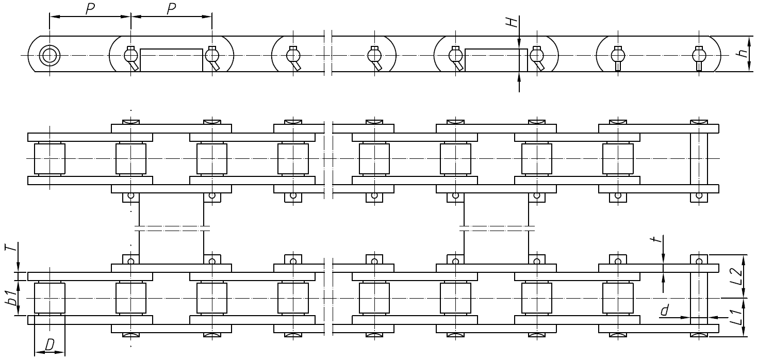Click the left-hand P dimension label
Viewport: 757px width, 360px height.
tap(90, 9)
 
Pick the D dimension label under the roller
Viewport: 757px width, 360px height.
tap(50, 345)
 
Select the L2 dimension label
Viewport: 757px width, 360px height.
tap(738, 277)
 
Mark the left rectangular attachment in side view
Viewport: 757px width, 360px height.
tap(171, 60)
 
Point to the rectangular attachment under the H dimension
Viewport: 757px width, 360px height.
tap(496, 60)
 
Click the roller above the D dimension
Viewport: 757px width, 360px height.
tap(50, 298)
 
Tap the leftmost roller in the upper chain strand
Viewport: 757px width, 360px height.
tap(50, 158)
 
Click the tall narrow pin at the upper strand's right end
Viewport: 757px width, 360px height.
tap(699, 158)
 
